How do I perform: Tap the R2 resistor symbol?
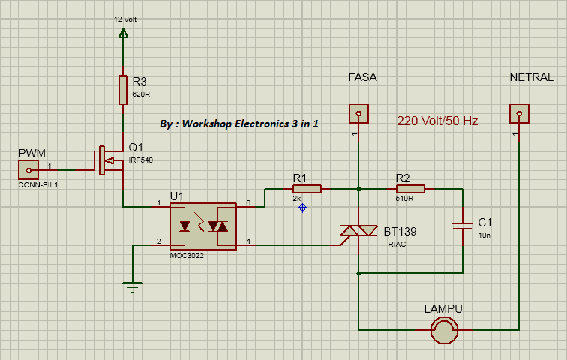pyautogui.click(x=409, y=189)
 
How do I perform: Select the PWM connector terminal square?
pyautogui.click(x=28, y=170)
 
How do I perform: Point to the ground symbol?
pyautogui.click(x=132, y=286)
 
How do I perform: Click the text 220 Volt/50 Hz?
pyautogui.click(x=437, y=121)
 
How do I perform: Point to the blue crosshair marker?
pyautogui.click(x=302, y=207)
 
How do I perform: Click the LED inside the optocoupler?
pyautogui.click(x=185, y=226)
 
